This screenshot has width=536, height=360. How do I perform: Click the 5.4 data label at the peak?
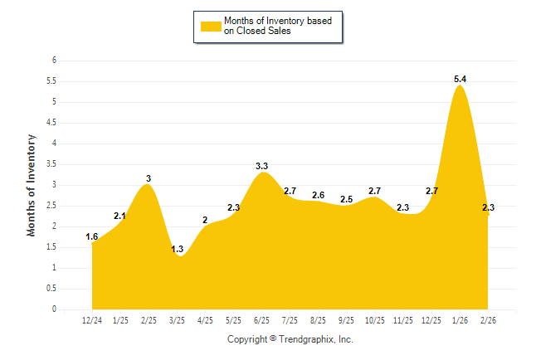click(x=460, y=79)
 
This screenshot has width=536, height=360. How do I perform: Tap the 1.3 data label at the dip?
click(x=177, y=249)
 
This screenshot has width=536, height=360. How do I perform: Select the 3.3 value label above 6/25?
click(x=262, y=166)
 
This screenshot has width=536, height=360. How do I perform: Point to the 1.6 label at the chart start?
click(x=92, y=236)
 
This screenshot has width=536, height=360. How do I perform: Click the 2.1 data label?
click(x=120, y=216)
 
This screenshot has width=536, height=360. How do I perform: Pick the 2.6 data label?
click(x=319, y=195)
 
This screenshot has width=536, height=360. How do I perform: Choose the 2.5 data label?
click(x=347, y=199)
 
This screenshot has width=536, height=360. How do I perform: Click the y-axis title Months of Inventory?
click(x=32, y=184)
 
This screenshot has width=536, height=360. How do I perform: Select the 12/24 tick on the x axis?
click(x=92, y=319)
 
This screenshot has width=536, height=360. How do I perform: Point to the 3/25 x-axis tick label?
click(x=177, y=319)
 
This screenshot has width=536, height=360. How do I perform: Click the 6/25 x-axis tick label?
click(x=262, y=319)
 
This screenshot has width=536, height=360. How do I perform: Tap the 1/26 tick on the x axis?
click(x=460, y=319)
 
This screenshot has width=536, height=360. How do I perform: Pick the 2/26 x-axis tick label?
click(x=488, y=319)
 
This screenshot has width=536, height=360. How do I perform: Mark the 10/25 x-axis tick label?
click(x=375, y=319)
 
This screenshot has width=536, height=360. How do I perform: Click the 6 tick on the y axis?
click(x=53, y=61)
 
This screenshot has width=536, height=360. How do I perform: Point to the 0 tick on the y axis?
click(x=53, y=309)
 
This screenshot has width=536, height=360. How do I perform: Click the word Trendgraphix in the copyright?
click(x=306, y=339)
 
